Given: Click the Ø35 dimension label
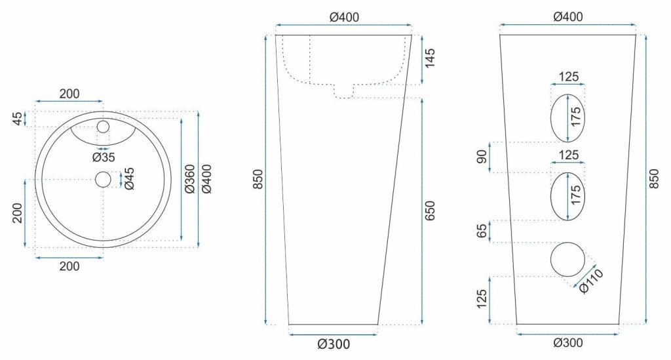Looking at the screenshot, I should (104, 157).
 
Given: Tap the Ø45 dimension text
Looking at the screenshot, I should (129, 178).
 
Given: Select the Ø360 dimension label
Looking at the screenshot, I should (189, 178).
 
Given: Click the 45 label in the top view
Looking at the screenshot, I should (17, 119).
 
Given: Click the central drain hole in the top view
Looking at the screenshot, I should (104, 179).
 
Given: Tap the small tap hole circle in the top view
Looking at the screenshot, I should (104, 126).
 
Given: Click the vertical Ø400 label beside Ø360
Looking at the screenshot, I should (207, 178).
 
